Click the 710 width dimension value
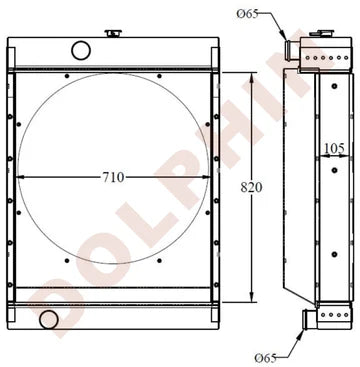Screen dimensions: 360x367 [113, 177]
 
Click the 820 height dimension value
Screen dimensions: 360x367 [251, 188]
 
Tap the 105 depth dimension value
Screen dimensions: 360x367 [334, 148]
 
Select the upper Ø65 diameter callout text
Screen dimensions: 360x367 [248, 14]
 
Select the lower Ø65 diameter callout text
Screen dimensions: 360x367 [266, 358]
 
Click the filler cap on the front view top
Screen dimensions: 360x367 [113, 33]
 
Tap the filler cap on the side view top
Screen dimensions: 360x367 [321, 33]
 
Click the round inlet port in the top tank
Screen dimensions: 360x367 [81, 50]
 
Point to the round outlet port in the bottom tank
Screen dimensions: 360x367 [49, 319]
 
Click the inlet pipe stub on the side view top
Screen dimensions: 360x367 [292, 50]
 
